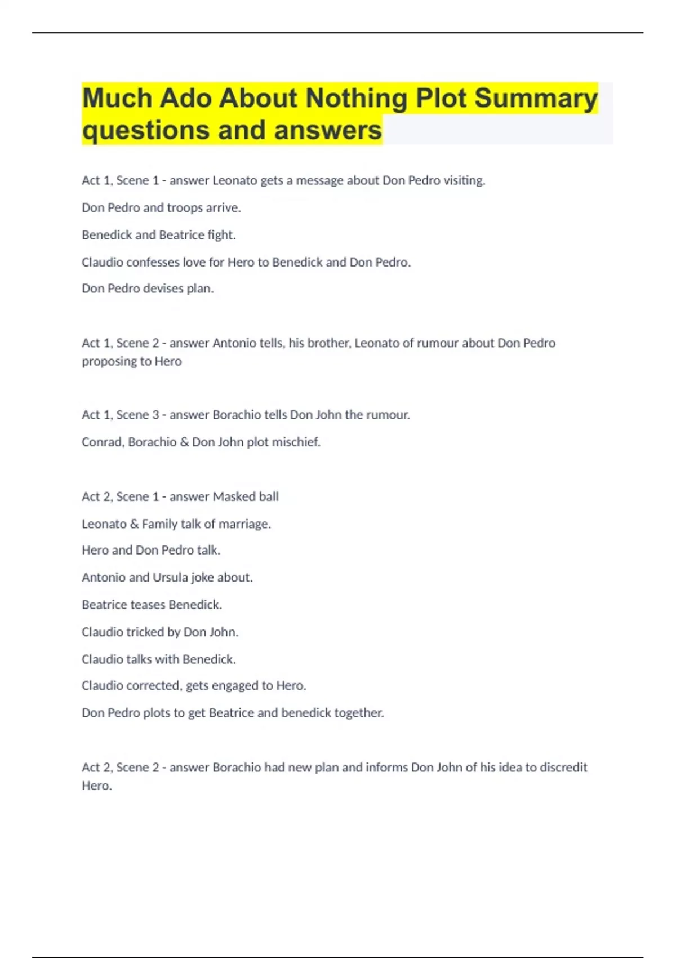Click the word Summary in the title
coord(536,99)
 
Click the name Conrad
coord(101,442)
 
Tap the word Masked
coord(234,496)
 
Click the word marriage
coord(244,524)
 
